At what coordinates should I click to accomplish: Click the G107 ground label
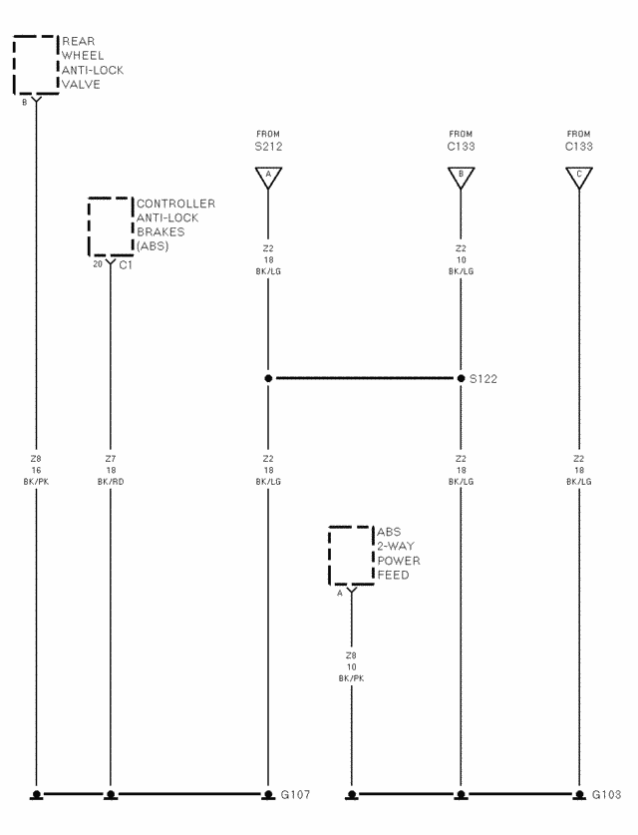(x=295, y=794)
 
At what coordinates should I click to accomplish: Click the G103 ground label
(x=606, y=794)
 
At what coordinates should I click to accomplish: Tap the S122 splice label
(x=483, y=379)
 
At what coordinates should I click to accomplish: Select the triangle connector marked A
(x=268, y=178)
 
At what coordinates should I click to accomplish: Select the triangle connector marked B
(x=461, y=178)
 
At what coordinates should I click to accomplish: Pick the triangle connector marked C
(x=579, y=178)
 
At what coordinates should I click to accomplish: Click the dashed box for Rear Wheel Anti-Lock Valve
(x=14, y=65)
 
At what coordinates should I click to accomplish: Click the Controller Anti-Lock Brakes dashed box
(x=89, y=226)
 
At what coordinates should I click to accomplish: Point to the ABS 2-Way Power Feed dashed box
(x=329, y=556)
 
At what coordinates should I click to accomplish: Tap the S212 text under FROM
(x=268, y=147)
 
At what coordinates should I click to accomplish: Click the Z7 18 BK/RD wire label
(x=111, y=470)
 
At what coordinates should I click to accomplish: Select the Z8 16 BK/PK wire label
(x=36, y=470)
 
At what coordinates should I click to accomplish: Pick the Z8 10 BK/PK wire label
(x=351, y=666)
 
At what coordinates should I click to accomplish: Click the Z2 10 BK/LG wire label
(x=461, y=259)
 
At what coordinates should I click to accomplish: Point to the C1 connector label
(x=126, y=264)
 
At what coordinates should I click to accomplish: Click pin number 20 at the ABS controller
(x=98, y=263)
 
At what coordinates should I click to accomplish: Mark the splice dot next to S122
(x=461, y=378)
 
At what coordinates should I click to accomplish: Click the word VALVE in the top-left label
(x=81, y=84)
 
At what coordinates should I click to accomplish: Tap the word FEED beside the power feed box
(x=393, y=575)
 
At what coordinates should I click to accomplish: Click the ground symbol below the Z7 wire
(x=111, y=795)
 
